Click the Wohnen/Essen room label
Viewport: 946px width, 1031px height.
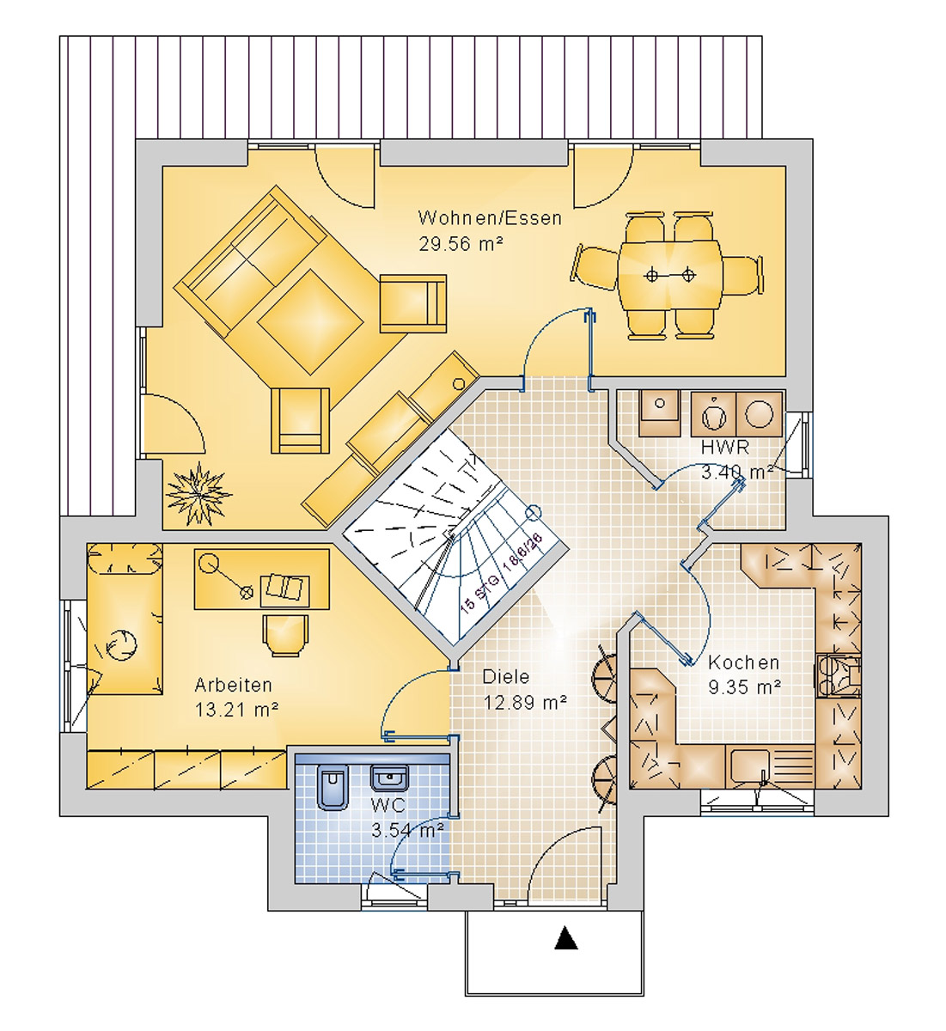[489, 218]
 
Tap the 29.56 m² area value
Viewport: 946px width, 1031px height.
[461, 244]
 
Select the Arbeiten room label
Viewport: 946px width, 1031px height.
[233, 685]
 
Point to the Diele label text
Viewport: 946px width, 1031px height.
[505, 677]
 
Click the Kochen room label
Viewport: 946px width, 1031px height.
[743, 662]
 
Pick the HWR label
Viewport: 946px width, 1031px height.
[724, 448]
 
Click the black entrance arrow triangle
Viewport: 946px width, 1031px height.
[565, 937]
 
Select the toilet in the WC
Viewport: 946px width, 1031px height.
[332, 786]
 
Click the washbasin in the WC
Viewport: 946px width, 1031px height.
[389, 778]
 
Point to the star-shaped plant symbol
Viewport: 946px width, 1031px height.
[198, 492]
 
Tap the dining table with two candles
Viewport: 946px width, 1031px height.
[669, 275]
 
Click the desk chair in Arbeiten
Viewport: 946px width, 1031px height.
[285, 635]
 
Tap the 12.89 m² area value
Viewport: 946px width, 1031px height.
[524, 703]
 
